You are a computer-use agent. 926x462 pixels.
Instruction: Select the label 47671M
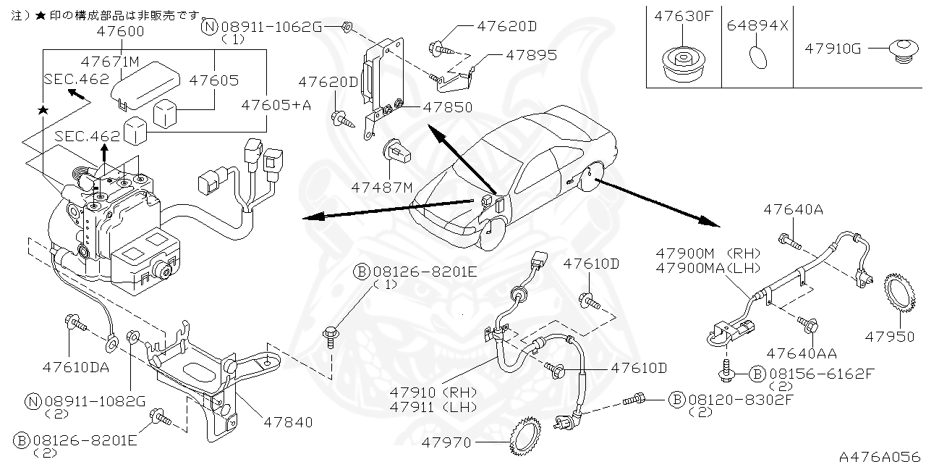(109, 62)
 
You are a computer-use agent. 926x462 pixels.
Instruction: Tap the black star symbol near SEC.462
(43, 109)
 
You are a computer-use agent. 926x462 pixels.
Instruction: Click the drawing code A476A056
(880, 455)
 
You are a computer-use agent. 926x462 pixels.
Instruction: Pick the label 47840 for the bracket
(288, 421)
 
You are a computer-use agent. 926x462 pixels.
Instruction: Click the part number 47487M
(382, 188)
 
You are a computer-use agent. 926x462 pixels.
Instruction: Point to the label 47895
(531, 55)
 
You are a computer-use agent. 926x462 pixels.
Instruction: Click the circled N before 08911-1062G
(209, 28)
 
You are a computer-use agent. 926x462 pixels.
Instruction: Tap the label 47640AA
(802, 353)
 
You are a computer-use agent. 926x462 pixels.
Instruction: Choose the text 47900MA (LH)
(708, 267)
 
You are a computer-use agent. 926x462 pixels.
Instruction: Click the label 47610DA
(76, 367)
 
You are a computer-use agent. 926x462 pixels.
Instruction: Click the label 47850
(448, 107)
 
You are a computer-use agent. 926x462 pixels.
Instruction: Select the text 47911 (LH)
(433, 407)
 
